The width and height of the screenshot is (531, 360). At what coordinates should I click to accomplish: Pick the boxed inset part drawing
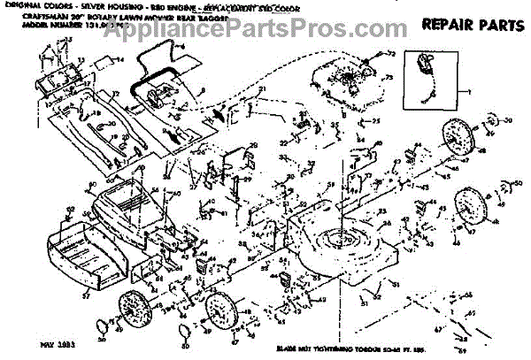coord(425,75)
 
